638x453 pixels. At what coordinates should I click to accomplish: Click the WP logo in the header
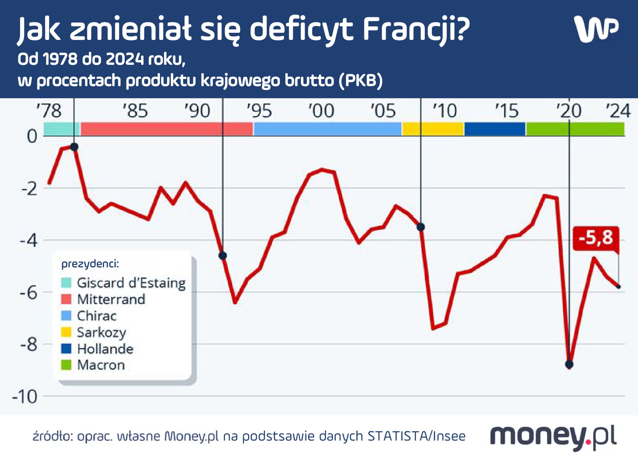click(x=596, y=29)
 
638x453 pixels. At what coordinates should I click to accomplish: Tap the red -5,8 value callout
click(x=596, y=238)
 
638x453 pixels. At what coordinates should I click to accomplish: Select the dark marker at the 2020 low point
click(x=569, y=365)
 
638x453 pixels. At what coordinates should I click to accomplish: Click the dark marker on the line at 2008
click(x=421, y=227)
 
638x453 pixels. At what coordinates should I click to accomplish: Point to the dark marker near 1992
click(x=223, y=255)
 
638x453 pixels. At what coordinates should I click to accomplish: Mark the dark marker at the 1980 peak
click(x=74, y=147)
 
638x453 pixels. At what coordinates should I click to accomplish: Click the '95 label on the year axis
click(x=259, y=111)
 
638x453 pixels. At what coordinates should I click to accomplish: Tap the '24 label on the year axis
click(x=618, y=111)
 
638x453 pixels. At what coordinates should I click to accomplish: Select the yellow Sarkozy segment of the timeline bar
click(x=433, y=129)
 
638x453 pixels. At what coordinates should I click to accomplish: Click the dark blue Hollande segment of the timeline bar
click(x=494, y=129)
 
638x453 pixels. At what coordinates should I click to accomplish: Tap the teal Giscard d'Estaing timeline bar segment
click(x=61, y=129)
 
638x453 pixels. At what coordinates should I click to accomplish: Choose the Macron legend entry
click(x=101, y=365)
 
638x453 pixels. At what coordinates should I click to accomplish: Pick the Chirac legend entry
click(x=97, y=316)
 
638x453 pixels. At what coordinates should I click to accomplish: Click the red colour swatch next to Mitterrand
click(x=66, y=299)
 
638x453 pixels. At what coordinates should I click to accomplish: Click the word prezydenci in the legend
click(x=90, y=264)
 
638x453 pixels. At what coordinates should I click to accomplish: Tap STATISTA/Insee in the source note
click(x=416, y=436)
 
